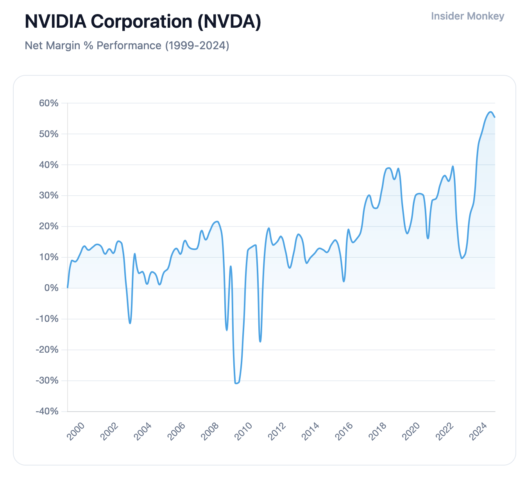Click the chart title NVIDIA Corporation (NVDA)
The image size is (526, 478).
click(x=143, y=22)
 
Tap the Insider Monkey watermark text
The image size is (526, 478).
click(x=467, y=16)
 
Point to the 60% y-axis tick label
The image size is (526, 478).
click(x=48, y=103)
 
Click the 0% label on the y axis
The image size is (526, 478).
click(x=52, y=288)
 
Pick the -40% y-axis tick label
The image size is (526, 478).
click(x=47, y=412)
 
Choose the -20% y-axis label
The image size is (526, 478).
click(x=47, y=350)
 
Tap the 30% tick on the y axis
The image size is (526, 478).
click(x=48, y=196)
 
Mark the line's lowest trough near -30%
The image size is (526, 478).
click(x=236, y=383)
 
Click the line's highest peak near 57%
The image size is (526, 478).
click(x=491, y=112)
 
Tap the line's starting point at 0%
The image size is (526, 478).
click(x=68, y=288)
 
